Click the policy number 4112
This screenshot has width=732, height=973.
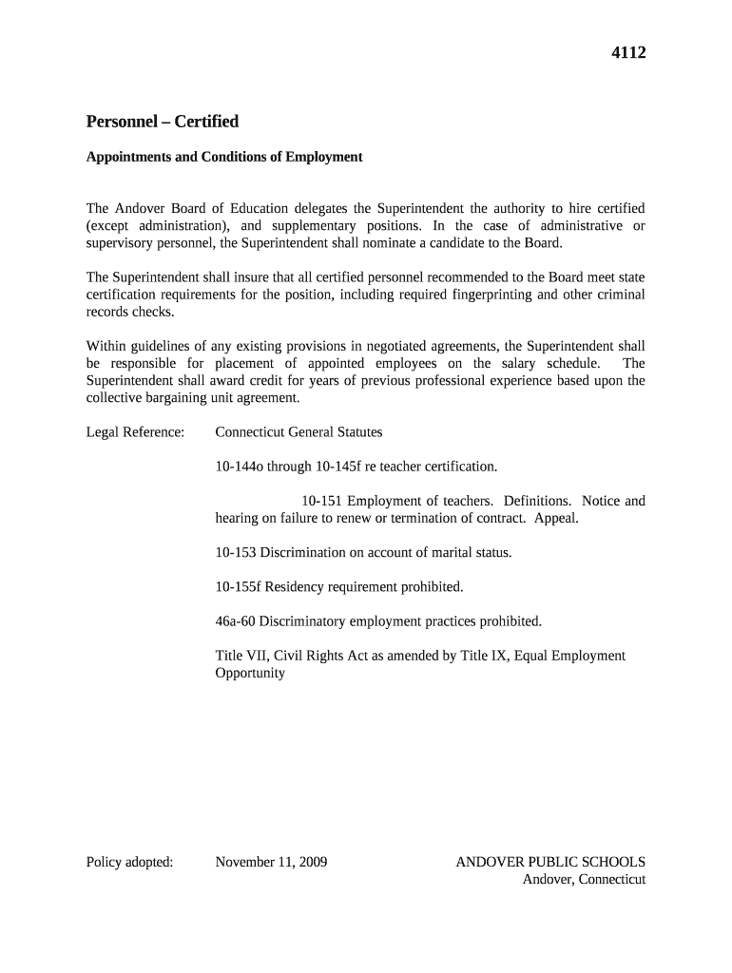[x=627, y=53]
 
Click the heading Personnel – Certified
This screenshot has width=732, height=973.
[x=162, y=122]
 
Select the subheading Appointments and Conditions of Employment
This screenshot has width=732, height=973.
[x=224, y=157]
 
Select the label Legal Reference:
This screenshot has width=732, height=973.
[x=135, y=432]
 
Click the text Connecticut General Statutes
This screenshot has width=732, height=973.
[x=299, y=432]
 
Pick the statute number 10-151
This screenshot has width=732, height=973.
[x=321, y=501]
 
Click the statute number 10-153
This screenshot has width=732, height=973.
[x=236, y=553]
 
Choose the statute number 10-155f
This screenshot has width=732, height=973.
[x=238, y=587]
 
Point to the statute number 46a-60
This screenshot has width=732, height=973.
[x=237, y=621]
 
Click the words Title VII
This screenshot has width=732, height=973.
[x=241, y=656]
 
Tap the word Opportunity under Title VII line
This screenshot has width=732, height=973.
[x=250, y=673]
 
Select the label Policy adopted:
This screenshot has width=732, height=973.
[x=129, y=862]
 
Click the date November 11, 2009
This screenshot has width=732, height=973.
[x=271, y=862]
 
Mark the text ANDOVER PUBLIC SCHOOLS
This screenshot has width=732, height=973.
[x=550, y=862]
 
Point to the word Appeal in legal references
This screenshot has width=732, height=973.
[x=555, y=518]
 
